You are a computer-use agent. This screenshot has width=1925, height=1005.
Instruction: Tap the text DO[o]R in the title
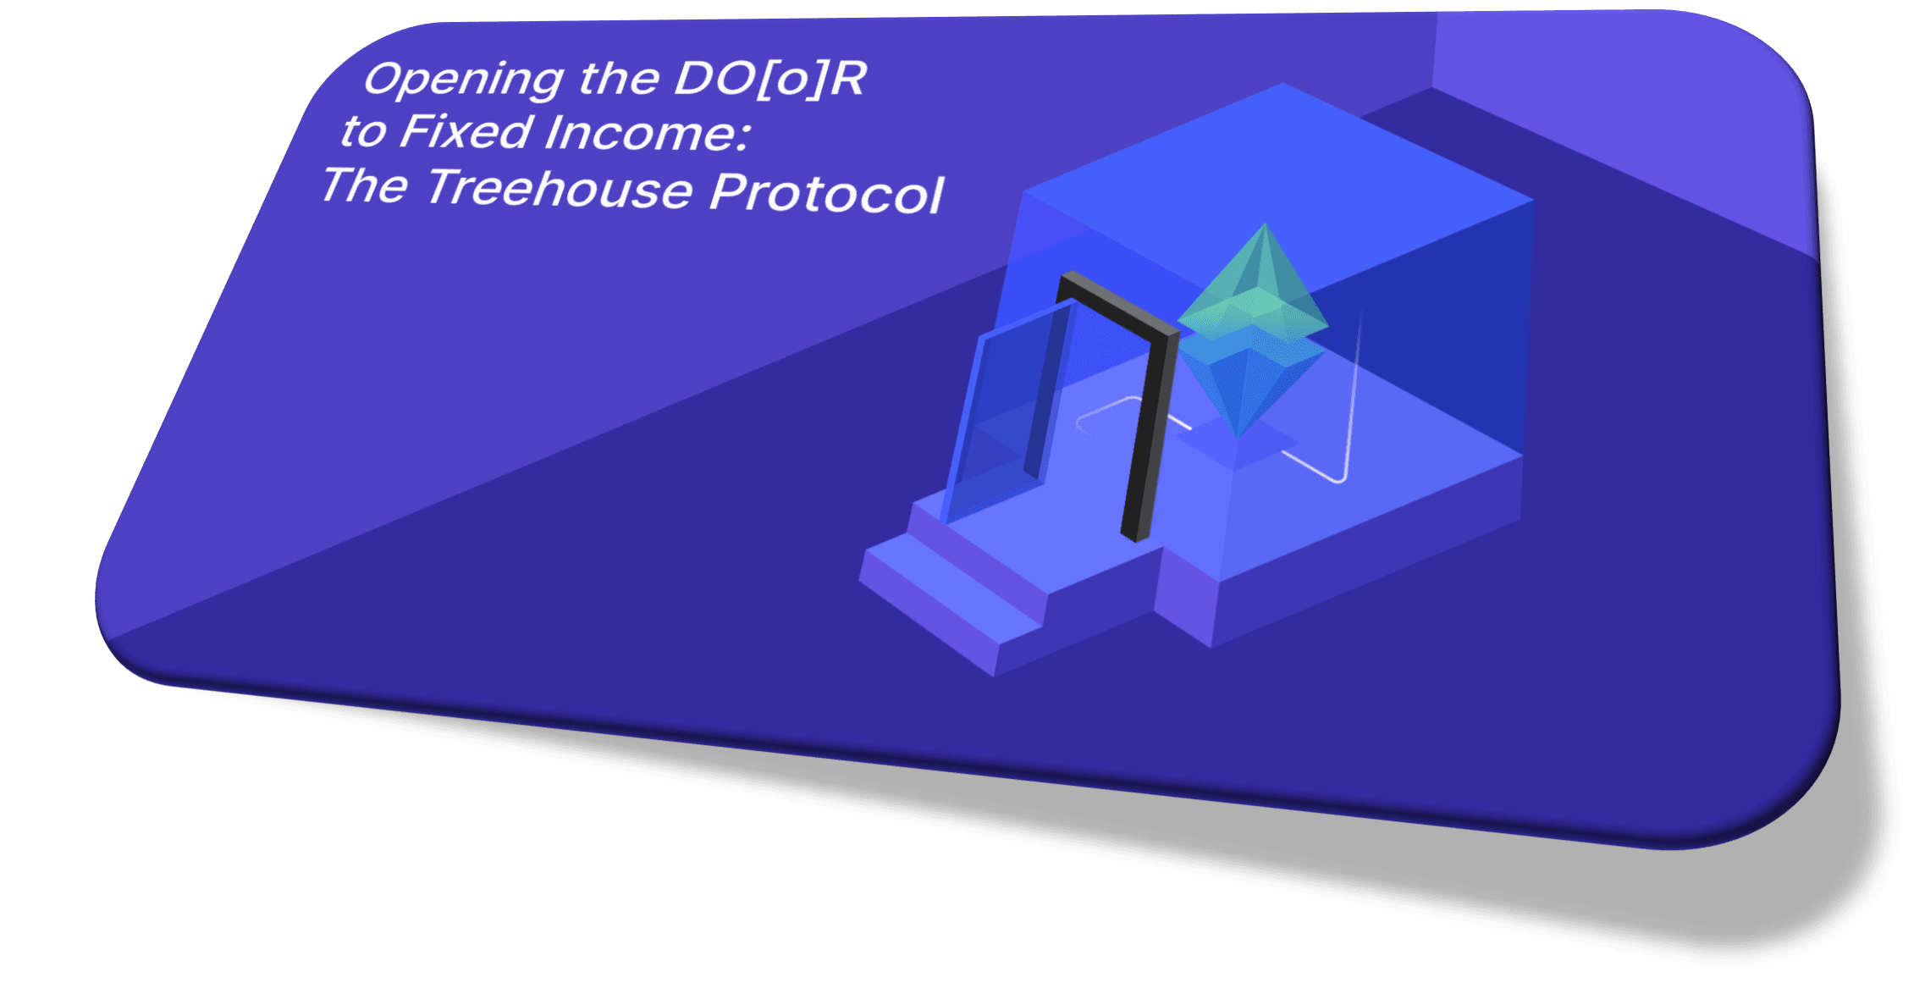(x=770, y=79)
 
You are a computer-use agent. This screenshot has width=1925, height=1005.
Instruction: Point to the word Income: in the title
(x=648, y=134)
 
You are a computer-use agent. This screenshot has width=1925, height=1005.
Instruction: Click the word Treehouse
(x=560, y=187)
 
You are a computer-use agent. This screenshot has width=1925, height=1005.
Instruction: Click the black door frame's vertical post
(x=1149, y=436)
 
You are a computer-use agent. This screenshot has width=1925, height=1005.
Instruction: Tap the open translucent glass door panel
(x=1007, y=411)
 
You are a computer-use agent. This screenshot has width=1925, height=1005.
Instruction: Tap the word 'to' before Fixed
(x=363, y=131)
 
